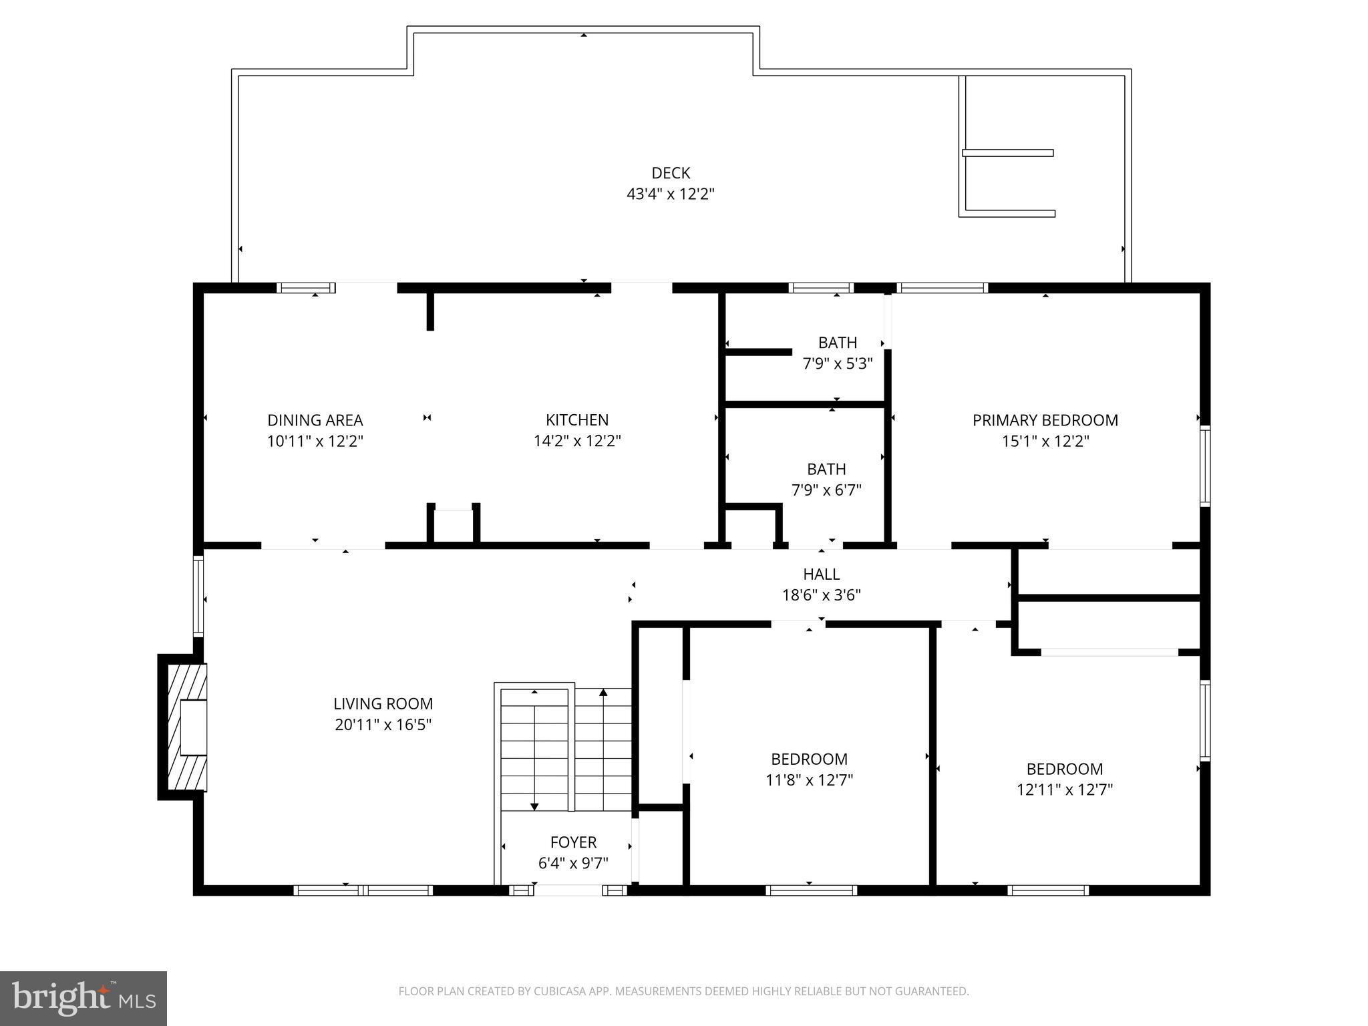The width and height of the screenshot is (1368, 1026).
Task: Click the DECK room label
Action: click(670, 173)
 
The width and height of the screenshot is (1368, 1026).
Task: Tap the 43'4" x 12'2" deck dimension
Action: click(670, 194)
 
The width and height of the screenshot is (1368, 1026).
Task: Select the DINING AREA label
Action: click(315, 420)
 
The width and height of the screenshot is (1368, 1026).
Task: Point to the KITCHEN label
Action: click(577, 420)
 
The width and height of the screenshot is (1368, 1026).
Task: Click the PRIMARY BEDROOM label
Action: click(1045, 420)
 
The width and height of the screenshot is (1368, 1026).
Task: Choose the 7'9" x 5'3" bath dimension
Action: click(837, 364)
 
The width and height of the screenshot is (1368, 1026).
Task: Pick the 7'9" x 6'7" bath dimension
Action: click(826, 490)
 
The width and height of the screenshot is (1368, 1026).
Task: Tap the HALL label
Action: click(821, 574)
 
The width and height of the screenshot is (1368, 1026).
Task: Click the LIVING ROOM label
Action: click(383, 703)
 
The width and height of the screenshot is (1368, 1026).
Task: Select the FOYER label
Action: click(573, 842)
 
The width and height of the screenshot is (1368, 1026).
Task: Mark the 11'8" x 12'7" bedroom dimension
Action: click(809, 780)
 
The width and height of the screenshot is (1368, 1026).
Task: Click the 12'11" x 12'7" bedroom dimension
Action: click(1064, 790)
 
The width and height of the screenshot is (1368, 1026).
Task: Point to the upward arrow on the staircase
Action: click(603, 693)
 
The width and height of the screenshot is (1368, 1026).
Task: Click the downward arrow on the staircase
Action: click(534, 806)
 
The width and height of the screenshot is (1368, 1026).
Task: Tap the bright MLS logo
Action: click(83, 998)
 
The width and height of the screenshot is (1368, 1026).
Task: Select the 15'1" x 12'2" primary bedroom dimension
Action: click(1045, 442)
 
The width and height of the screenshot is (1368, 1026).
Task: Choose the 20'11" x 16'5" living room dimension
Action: click(383, 725)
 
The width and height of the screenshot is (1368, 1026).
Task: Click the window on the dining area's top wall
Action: click(306, 288)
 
